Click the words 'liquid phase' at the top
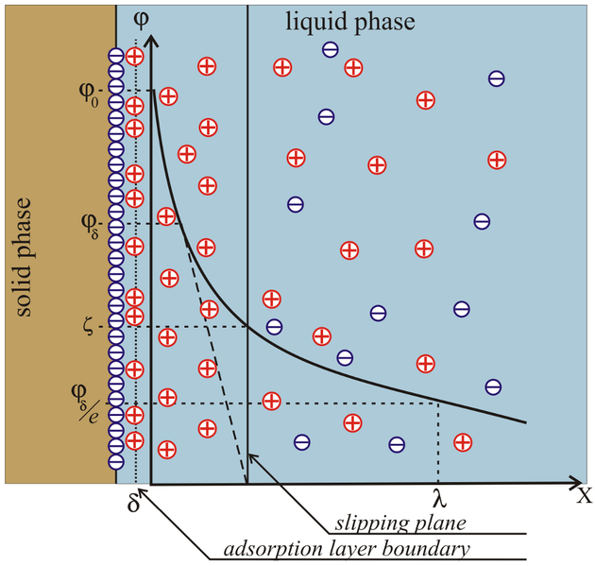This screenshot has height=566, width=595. click(349, 22)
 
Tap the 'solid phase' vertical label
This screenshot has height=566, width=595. click(23, 257)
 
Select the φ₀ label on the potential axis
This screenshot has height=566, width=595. click(89, 94)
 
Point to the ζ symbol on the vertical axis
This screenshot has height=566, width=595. click(88, 327)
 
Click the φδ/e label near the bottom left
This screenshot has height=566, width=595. click(86, 403)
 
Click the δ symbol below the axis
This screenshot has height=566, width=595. click(133, 504)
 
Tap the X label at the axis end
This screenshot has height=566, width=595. click(585, 496)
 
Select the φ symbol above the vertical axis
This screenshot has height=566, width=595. click(141, 20)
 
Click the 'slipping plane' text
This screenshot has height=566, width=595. click(400, 523)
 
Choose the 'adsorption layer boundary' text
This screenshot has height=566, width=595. click(347, 549)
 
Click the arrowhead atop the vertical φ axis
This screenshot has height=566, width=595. click(152, 41)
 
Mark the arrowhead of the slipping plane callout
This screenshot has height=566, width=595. click(253, 458)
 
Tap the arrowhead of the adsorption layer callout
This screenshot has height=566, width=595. click(143, 492)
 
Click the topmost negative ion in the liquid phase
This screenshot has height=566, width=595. click(331, 49)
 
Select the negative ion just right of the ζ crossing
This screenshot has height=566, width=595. click(274, 326)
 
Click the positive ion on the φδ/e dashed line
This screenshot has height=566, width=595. click(272, 401)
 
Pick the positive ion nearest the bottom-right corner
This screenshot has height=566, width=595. click(463, 442)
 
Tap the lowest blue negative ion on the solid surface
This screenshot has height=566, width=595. click(116, 462)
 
